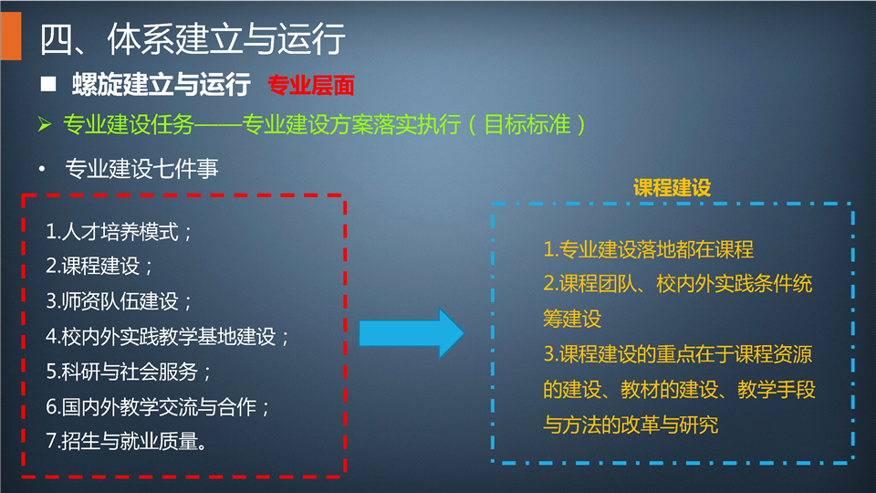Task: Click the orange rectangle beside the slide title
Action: point(11,36)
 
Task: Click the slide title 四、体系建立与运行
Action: point(193,39)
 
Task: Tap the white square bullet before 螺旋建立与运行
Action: point(48,84)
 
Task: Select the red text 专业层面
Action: point(311,85)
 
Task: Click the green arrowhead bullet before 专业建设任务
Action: point(45,124)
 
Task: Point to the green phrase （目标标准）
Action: point(527,124)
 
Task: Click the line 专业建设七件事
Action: point(141,168)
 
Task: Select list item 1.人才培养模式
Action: point(119,231)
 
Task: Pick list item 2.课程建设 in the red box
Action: point(99,266)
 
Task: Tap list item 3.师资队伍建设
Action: point(119,301)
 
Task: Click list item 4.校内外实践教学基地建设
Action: point(167,337)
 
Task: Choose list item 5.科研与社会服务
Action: point(128,372)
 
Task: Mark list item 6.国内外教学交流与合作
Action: point(158,407)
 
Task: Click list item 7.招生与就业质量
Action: point(127,442)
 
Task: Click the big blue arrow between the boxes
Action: point(412,333)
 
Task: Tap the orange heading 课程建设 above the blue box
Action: point(673,188)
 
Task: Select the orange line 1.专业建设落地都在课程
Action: point(649,249)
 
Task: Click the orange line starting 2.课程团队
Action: point(678,284)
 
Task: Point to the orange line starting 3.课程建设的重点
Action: point(678,354)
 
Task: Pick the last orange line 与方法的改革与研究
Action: point(631,425)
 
